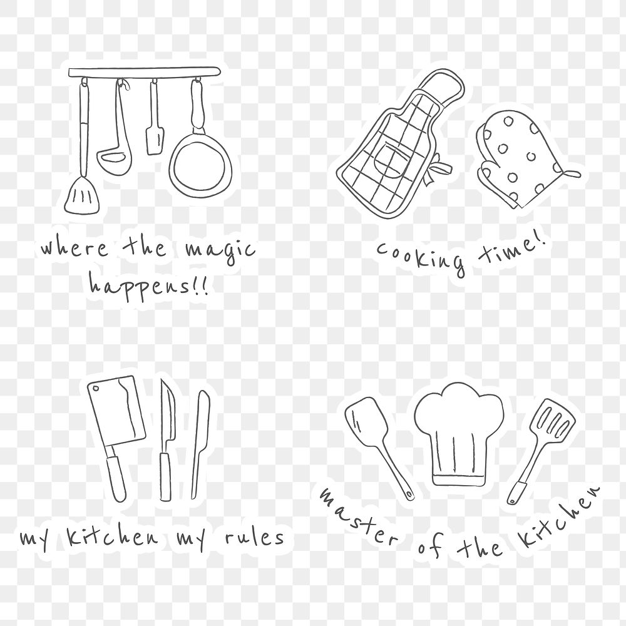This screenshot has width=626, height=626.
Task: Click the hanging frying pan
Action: click(194, 168)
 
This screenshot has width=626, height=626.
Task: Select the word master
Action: click(357, 517)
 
